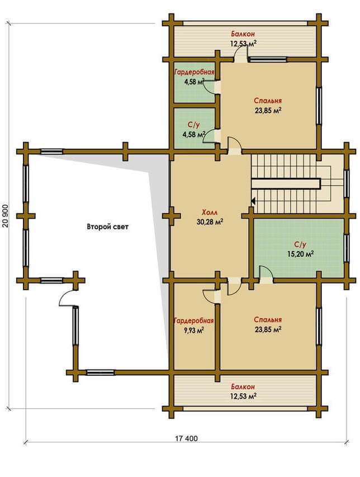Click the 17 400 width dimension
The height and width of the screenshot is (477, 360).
pyautogui.click(x=186, y=438)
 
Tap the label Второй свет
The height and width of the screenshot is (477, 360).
pyautogui.click(x=108, y=226)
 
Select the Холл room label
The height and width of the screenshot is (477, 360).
pyautogui.click(x=210, y=212)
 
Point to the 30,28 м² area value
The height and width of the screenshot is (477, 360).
pyautogui.click(x=210, y=222)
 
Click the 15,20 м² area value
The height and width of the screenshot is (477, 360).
pyautogui.click(x=300, y=253)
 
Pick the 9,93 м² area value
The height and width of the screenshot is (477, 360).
pyautogui.click(x=193, y=330)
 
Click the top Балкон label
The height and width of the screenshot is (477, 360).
pyautogui.click(x=243, y=34)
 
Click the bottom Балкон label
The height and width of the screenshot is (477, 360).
pyautogui.click(x=243, y=386)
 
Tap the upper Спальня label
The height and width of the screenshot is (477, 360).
pyautogui.click(x=268, y=101)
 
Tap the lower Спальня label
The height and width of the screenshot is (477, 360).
pyautogui.click(x=268, y=320)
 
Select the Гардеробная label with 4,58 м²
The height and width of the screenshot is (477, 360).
pyautogui.click(x=195, y=72)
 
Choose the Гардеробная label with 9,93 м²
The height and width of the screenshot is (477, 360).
pyautogui.click(x=193, y=321)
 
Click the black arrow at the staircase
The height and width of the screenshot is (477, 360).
pyautogui.click(x=253, y=201)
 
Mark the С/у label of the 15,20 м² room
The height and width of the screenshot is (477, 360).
pyautogui.click(x=300, y=244)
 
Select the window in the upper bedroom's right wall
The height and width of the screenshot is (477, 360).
pyautogui.click(x=319, y=105)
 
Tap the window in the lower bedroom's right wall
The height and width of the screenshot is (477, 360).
pyautogui.click(x=319, y=326)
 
